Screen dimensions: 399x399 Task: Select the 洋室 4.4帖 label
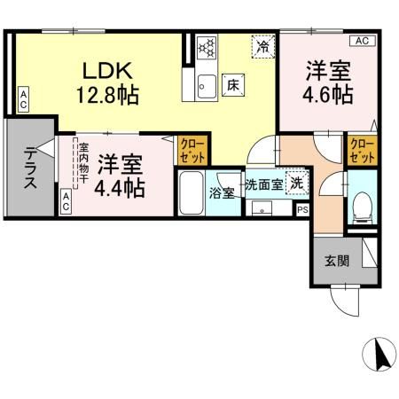click(x=120, y=175)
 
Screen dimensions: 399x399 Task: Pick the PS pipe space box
click(x=302, y=210)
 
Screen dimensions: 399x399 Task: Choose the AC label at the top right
click(x=362, y=41)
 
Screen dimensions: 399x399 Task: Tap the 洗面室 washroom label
click(x=263, y=184)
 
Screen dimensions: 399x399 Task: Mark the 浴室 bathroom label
click(x=222, y=192)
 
